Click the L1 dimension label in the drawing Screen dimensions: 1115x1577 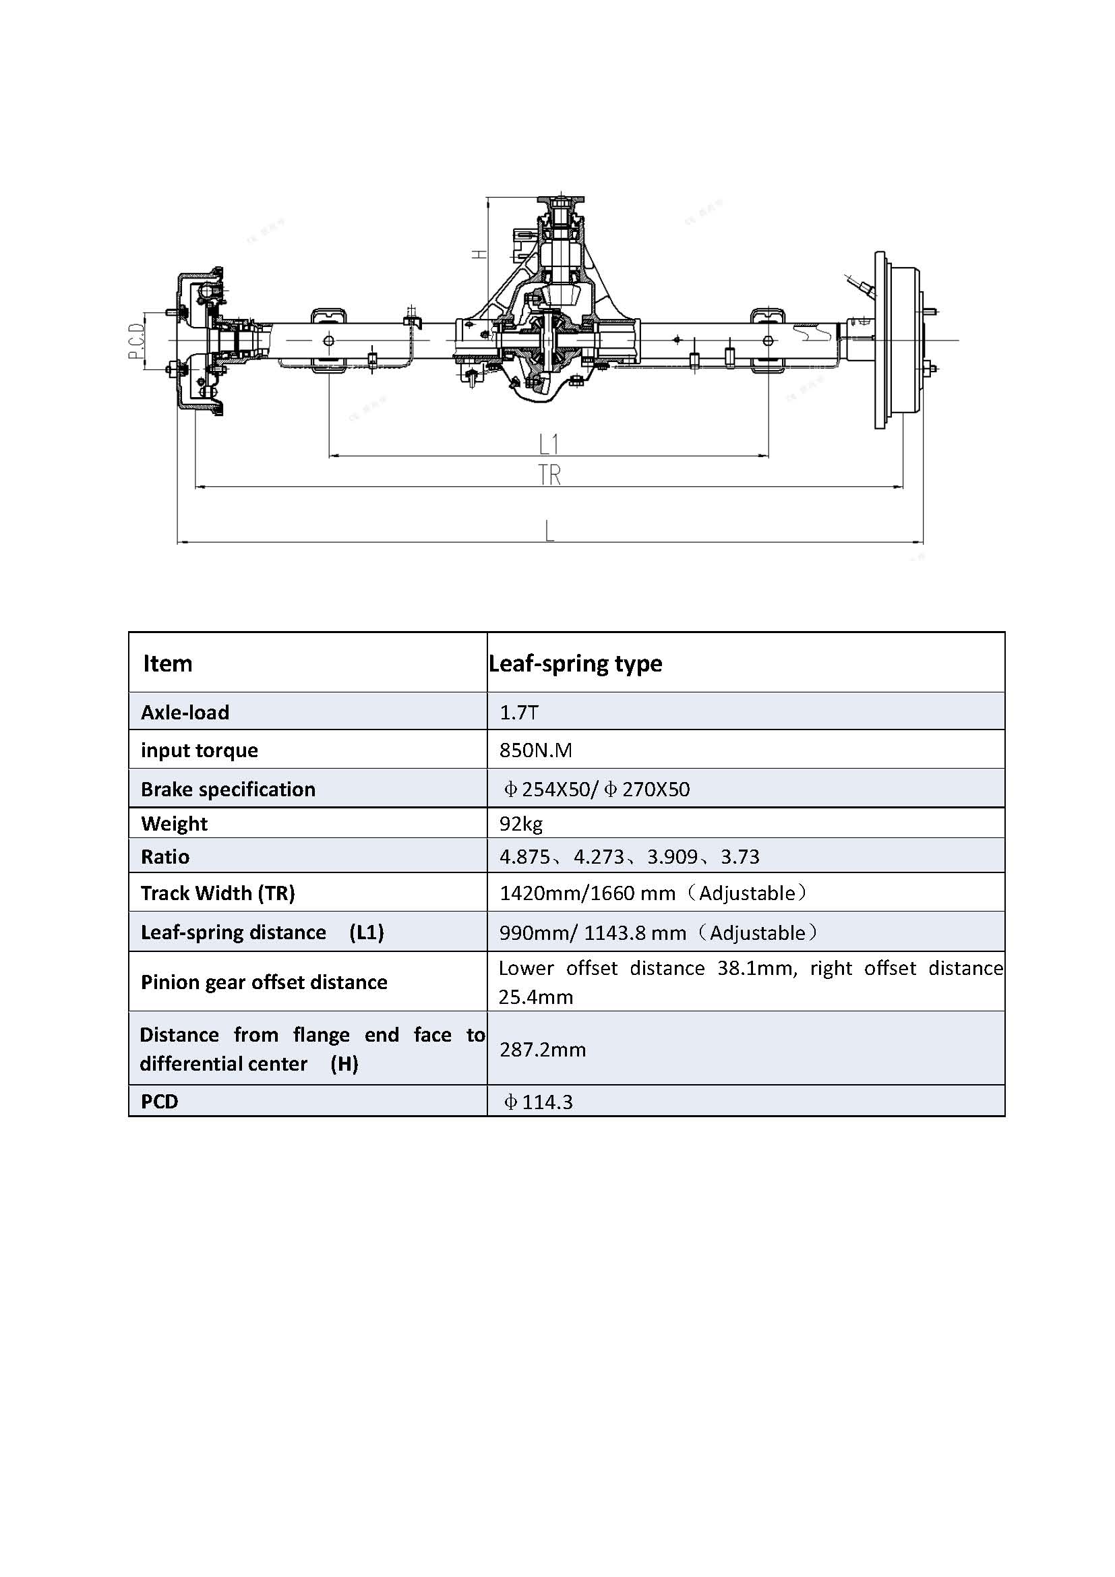click(549, 444)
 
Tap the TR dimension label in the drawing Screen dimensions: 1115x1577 click(549, 475)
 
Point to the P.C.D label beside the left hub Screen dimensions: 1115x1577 click(136, 341)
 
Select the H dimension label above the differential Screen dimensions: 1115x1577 click(479, 254)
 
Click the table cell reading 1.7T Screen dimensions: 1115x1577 click(519, 712)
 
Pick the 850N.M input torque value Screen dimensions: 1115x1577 click(535, 750)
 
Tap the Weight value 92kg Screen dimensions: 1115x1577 click(521, 823)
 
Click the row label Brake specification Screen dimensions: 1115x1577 click(228, 790)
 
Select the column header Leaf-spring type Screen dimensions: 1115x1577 click(575, 663)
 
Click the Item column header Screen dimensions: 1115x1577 click(168, 663)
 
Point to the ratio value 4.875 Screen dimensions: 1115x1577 click(524, 856)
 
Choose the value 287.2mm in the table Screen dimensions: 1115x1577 click(543, 1050)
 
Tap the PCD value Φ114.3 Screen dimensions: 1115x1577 click(538, 1102)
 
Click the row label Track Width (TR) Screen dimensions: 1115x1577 click(218, 893)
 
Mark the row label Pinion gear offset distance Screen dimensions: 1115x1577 click(264, 982)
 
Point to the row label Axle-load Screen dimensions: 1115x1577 click(185, 712)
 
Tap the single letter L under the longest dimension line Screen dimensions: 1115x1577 click(549, 531)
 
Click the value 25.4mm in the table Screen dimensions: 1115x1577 click(535, 996)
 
